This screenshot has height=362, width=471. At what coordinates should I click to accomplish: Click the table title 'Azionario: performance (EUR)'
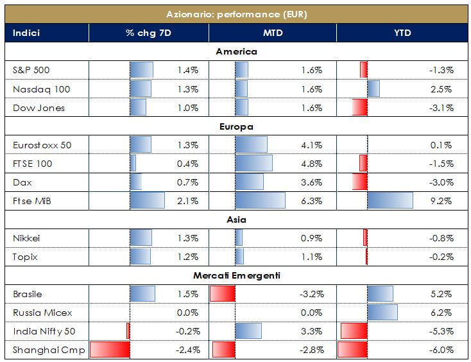(x=237, y=13)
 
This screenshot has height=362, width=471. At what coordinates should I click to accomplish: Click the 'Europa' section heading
(x=235, y=126)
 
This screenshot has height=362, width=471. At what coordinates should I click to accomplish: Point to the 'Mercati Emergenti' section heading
(x=235, y=275)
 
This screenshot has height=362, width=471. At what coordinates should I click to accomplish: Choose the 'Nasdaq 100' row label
(x=34, y=89)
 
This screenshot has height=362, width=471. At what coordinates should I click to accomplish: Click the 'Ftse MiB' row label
(x=30, y=201)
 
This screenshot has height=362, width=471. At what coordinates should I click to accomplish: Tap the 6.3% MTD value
(x=311, y=201)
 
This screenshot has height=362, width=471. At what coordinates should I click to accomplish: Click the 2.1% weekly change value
(x=188, y=201)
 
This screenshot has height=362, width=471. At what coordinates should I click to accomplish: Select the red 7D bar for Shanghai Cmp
(x=110, y=350)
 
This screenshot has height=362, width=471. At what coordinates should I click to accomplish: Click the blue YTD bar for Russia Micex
(x=382, y=313)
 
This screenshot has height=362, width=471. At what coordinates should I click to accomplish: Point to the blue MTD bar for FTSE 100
(x=254, y=164)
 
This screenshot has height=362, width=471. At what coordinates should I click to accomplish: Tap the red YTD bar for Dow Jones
(x=359, y=108)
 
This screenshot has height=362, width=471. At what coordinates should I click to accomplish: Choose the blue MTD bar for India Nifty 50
(x=248, y=331)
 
